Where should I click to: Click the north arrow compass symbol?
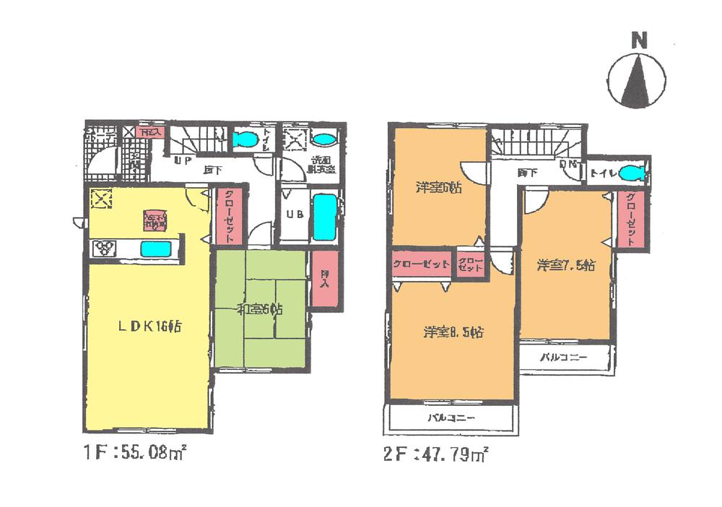click(x=636, y=79)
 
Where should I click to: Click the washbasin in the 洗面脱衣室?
click(x=325, y=139)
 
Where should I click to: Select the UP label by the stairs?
click(x=181, y=161)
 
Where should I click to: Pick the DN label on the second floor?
click(x=570, y=165)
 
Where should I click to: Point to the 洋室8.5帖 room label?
click(x=453, y=333)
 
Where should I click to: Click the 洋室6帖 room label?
click(x=438, y=188)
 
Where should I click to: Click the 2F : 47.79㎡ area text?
click(x=437, y=455)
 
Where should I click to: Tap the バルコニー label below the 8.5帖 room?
click(x=451, y=418)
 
